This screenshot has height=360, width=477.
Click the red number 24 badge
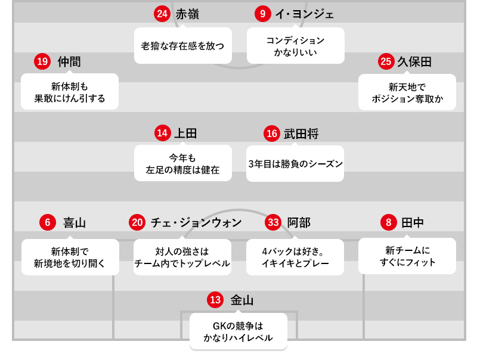pos(162,14)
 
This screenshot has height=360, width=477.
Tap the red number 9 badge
pos(263,14)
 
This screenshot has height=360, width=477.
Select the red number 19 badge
pos(42,61)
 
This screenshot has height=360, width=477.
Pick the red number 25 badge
pos(386,61)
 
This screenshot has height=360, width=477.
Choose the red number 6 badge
pos(48,223)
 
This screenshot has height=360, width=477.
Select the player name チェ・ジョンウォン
pos(196,223)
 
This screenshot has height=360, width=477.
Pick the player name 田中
pos(413,223)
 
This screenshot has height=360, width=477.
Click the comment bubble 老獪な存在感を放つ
pos(183,45)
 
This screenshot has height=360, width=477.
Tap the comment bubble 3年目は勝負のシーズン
pos(296,163)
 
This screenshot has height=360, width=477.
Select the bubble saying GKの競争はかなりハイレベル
pos(238,332)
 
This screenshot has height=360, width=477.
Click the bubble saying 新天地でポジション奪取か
pos(407,92)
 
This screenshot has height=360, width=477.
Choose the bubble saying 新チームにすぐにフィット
pos(407,256)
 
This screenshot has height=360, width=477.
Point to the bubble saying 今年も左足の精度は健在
pos(183,163)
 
